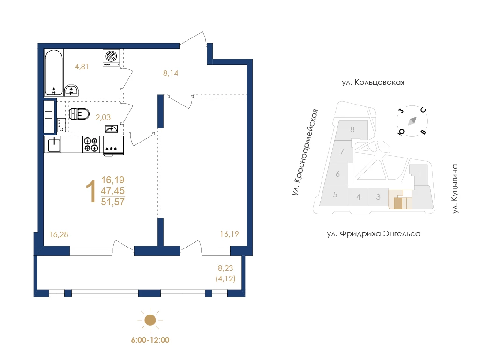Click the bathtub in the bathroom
point(54,72)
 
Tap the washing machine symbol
point(111,58)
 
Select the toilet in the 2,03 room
point(79,114)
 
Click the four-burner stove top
point(91,144)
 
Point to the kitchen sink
point(54,144)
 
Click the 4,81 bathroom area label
point(82,67)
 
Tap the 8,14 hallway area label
point(171,73)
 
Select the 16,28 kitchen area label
point(59,234)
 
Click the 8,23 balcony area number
point(225,268)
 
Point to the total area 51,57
point(113,202)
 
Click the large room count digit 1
point(91,191)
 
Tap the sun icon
point(150,320)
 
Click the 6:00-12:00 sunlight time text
point(150,340)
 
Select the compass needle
point(412,121)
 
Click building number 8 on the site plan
point(352,129)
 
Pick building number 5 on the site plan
point(335,195)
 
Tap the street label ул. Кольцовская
point(373,82)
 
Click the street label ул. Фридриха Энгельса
point(374,234)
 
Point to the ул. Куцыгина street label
point(455,188)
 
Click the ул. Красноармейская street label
point(305,152)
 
